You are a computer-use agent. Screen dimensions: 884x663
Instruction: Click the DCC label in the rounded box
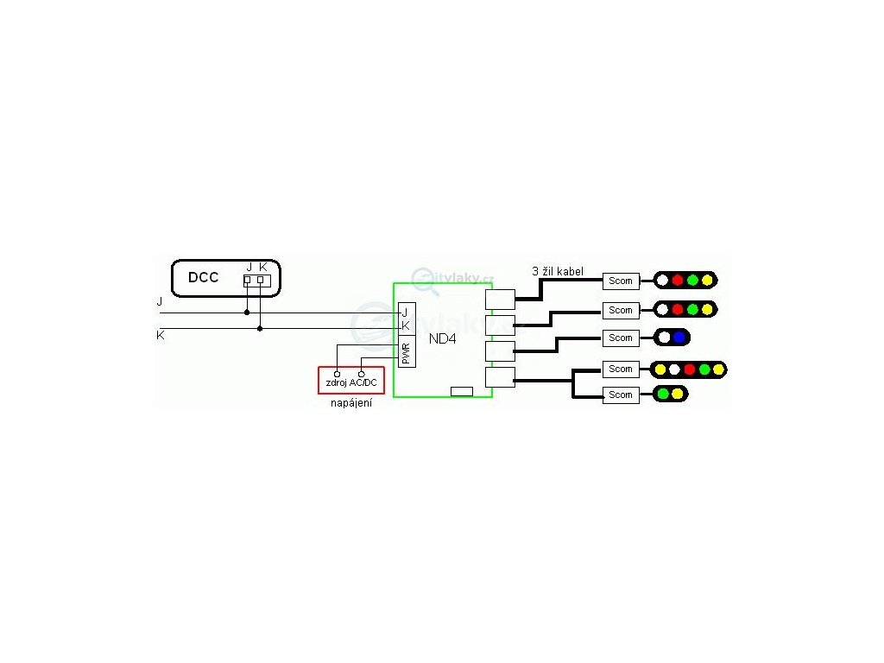pyautogui.click(x=203, y=278)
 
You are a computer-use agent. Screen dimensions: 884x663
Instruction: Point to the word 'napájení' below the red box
pyautogui.click(x=351, y=403)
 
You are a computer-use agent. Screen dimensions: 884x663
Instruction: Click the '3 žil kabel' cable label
pyautogui.click(x=558, y=271)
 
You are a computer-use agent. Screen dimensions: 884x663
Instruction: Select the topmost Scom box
pyautogui.click(x=621, y=281)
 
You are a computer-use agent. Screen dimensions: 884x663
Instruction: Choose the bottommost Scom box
pyautogui.click(x=621, y=395)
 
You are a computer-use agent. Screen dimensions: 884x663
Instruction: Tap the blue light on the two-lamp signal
pyautogui.click(x=679, y=338)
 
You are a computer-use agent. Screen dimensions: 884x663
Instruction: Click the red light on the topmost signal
pyautogui.click(x=678, y=280)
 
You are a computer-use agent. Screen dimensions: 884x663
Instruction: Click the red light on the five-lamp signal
pyautogui.click(x=689, y=369)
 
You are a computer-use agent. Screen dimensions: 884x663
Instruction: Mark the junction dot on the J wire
pyautogui.click(x=247, y=313)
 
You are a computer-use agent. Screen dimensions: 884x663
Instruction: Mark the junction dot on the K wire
pyautogui.click(x=260, y=328)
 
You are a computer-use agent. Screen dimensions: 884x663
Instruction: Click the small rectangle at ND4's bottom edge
pyautogui.click(x=462, y=391)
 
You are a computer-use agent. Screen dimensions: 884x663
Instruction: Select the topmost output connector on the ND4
pyautogui.click(x=500, y=299)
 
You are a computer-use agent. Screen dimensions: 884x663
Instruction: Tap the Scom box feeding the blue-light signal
pyautogui.click(x=621, y=338)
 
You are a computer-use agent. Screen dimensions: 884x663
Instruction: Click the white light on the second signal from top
pyautogui.click(x=662, y=309)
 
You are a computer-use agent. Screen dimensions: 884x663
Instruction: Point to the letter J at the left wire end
pyautogui.click(x=160, y=302)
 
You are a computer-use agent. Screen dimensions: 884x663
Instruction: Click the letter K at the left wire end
pyautogui.click(x=161, y=334)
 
